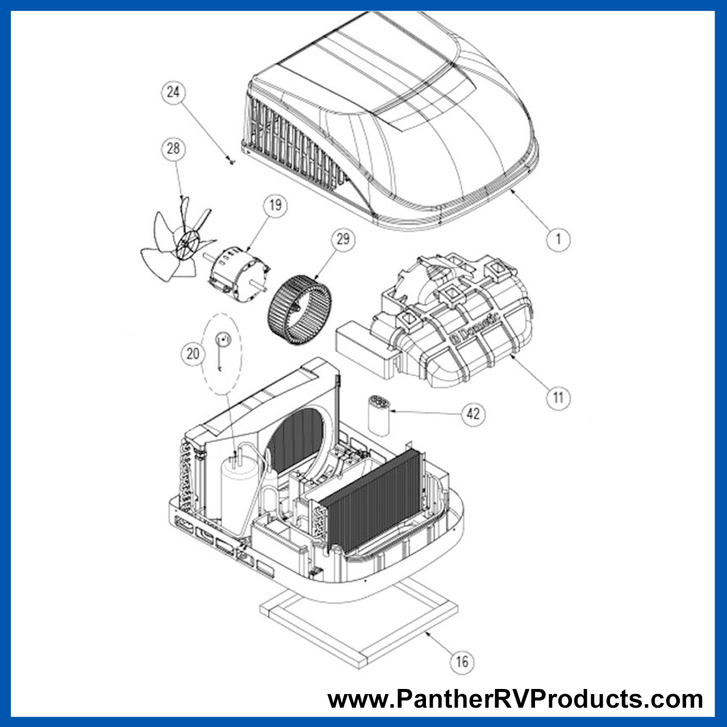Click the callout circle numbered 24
[x=173, y=92]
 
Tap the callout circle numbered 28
[x=173, y=149]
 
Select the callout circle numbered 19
[x=275, y=205]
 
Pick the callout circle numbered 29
[x=343, y=239]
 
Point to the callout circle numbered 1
[x=558, y=239]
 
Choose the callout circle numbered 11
[x=558, y=398]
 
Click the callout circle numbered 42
[x=473, y=413]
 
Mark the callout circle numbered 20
[x=193, y=354]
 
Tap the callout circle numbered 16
[x=462, y=661]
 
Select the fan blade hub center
[x=186, y=245]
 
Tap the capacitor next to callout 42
[x=379, y=416]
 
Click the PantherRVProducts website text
[x=515, y=699]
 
